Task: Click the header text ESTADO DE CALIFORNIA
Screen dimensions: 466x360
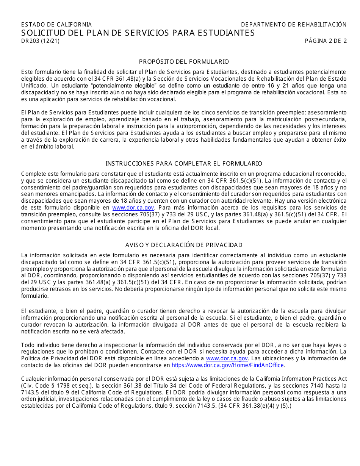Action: (56, 25)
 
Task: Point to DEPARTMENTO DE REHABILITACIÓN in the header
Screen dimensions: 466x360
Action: (294, 25)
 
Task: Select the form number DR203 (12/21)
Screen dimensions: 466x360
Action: (40, 41)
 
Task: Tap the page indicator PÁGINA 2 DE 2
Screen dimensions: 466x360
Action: (326, 41)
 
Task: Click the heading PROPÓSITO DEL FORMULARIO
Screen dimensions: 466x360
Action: (184, 61)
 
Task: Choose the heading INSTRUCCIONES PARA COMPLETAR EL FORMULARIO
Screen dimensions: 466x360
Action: (184, 164)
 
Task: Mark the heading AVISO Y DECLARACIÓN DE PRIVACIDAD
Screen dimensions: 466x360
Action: (184, 245)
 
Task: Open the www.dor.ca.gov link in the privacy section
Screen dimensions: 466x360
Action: (227, 358)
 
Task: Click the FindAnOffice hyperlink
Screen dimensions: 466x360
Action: (228, 365)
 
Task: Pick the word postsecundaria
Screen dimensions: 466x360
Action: (326, 119)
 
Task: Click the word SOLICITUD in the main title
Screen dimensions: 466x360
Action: (42, 33)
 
